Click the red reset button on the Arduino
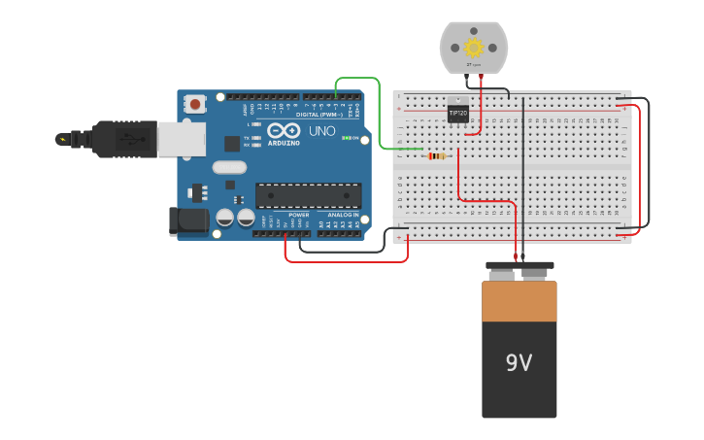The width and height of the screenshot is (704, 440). [196, 103]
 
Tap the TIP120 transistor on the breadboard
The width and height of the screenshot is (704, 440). [457, 112]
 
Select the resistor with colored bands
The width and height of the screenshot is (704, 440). [437, 155]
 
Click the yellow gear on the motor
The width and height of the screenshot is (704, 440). [474, 47]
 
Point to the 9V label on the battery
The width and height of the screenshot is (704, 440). [519, 363]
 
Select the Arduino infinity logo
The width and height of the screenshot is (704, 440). [284, 130]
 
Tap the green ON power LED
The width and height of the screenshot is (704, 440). [346, 138]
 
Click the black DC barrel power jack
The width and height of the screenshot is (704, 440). [188, 220]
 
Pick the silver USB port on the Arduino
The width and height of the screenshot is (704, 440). [182, 139]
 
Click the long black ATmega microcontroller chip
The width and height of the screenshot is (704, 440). [308, 194]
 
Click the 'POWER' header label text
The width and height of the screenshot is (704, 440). [298, 215]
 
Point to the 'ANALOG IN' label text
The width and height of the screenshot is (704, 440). [343, 215]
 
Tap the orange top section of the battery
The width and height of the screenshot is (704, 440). [520, 301]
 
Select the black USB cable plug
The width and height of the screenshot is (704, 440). [121, 139]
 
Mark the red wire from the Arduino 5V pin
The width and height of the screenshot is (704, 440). [345, 261]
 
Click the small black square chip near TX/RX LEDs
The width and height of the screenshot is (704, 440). [232, 144]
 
